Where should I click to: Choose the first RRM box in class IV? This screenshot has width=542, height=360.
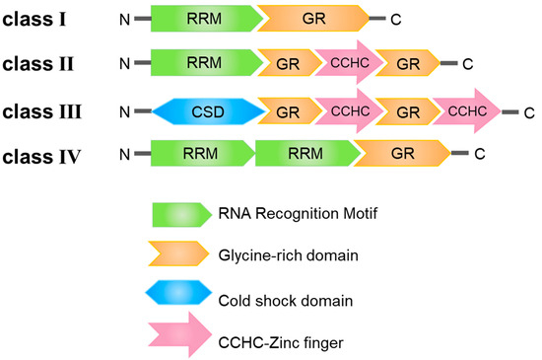pos(201,153)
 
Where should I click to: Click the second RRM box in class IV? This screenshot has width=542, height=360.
pos(305,153)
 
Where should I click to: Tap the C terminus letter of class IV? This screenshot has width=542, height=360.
pos(479,154)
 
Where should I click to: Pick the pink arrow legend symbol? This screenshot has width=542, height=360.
pos(183,339)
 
